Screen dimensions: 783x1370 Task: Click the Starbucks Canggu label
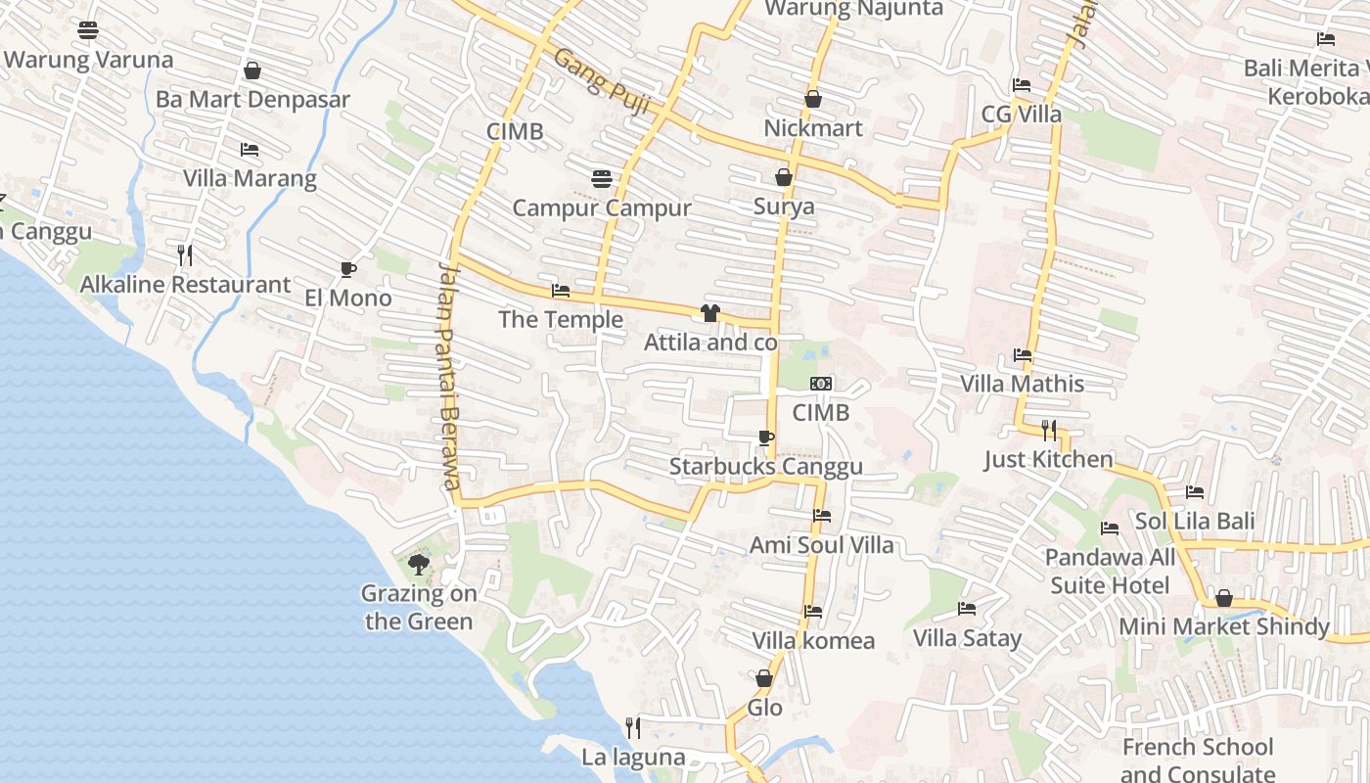coord(765,467)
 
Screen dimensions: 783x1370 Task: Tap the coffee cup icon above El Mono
coord(347,269)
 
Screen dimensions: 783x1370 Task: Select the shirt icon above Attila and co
coord(710,313)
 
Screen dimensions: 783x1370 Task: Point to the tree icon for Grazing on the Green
coord(418,564)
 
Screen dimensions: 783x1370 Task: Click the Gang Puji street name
coord(603,82)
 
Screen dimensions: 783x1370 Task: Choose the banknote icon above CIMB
coord(821,384)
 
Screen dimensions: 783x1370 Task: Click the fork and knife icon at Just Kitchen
coord(1048,430)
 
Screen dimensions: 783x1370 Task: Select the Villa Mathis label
coord(1022,384)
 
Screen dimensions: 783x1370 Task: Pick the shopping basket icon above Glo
coord(764,678)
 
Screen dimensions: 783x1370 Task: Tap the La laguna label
coord(633,758)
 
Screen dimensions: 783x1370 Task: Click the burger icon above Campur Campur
coord(602,179)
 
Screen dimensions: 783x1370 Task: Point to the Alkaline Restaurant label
coord(185,285)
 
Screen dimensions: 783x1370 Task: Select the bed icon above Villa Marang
coord(250,150)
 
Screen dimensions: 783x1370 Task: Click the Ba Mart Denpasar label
coord(252,100)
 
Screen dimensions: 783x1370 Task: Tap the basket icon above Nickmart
coord(813,99)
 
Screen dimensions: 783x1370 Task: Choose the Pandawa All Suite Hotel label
coord(1110,572)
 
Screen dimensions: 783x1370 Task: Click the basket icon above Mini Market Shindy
coord(1224,598)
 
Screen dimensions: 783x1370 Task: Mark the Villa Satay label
coord(967,639)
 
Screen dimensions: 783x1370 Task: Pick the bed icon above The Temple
coord(561,291)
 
